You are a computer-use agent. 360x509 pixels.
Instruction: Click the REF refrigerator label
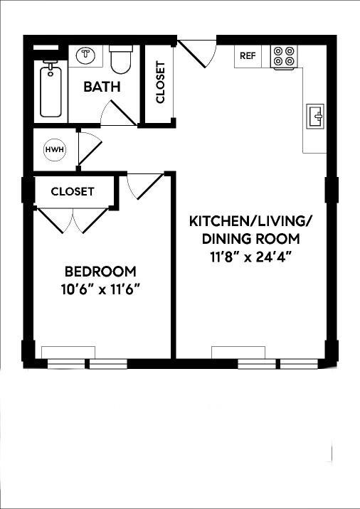[x=248, y=56]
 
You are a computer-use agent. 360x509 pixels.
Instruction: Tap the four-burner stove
[x=284, y=56]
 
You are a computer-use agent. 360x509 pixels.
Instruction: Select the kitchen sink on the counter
[x=314, y=115]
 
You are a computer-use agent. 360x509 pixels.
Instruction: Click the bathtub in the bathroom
[x=51, y=90]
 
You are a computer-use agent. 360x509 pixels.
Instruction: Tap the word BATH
[x=102, y=87]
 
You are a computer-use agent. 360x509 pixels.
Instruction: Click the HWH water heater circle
[x=53, y=150]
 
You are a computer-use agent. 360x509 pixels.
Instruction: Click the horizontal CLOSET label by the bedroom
[x=73, y=191]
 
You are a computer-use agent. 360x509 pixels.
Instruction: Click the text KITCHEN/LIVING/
[x=250, y=220]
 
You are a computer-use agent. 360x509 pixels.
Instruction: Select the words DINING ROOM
[x=250, y=239]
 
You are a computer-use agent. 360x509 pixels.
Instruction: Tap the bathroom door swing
[x=117, y=112]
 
